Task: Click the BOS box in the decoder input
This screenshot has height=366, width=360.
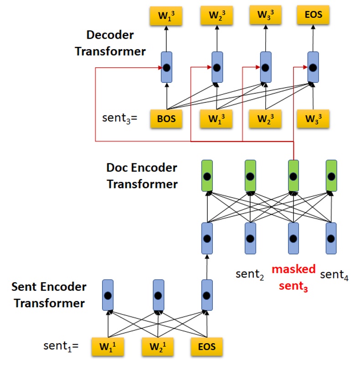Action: [x=166, y=119]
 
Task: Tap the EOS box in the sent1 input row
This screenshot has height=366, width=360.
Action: [x=207, y=347]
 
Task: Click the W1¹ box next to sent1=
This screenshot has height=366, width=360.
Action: [x=108, y=347]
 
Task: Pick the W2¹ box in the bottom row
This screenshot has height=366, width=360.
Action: [x=158, y=347]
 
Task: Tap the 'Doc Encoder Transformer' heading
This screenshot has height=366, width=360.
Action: [x=142, y=176]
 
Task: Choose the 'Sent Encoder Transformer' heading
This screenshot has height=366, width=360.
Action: [x=48, y=295]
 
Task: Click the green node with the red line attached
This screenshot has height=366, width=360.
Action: [x=293, y=176]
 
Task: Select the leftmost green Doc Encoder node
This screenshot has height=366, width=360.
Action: [x=207, y=176]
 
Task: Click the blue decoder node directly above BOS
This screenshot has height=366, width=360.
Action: [x=167, y=67]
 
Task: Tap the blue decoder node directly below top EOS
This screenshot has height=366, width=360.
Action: [x=313, y=67]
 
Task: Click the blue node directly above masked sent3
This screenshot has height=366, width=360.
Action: [x=293, y=238]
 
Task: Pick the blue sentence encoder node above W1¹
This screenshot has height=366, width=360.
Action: [x=108, y=295]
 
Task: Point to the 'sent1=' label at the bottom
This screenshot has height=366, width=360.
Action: [x=61, y=346]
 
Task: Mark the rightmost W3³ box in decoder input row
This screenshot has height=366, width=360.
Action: [x=313, y=119]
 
